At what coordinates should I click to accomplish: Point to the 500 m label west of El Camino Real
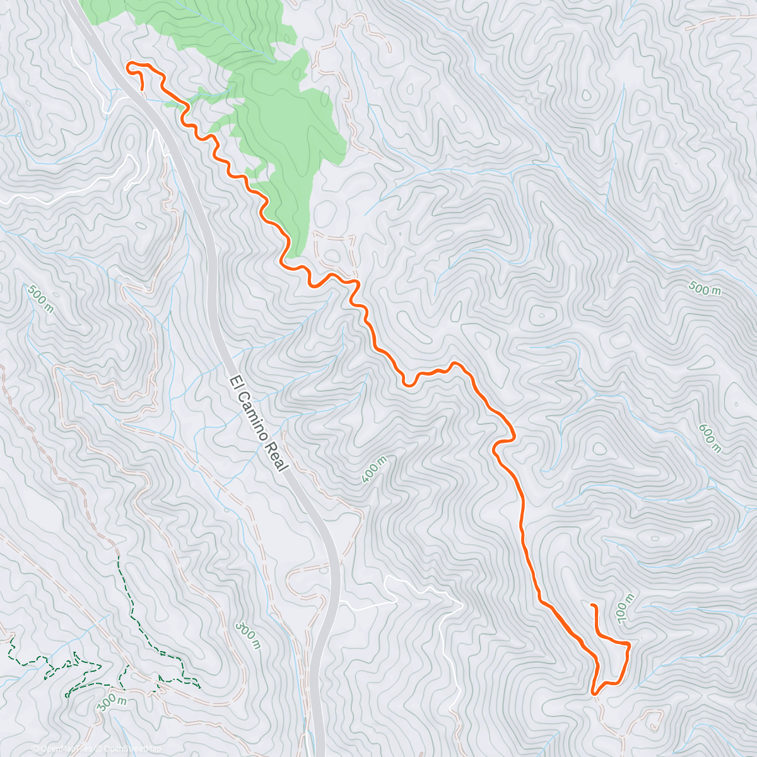40,298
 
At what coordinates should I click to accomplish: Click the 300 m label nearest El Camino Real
247,635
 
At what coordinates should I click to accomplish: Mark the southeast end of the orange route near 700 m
592,606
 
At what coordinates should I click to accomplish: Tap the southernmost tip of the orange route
594,693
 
